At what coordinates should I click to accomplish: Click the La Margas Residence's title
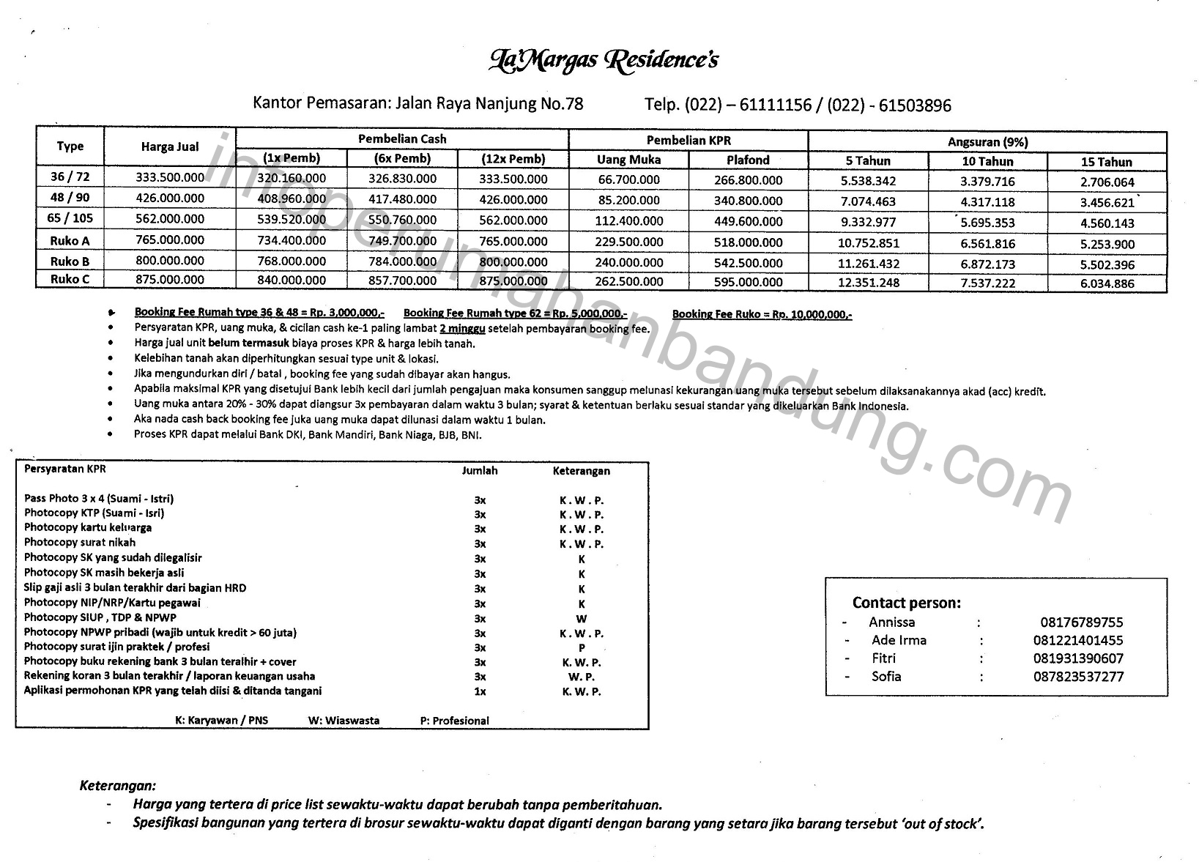[x=602, y=59]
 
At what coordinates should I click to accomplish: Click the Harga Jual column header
[x=170, y=146]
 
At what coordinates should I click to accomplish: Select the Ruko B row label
[x=70, y=261]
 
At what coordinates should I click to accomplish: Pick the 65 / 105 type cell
[x=70, y=218]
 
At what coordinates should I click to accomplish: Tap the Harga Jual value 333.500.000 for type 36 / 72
[x=170, y=177]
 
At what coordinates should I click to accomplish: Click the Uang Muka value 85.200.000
[x=628, y=200]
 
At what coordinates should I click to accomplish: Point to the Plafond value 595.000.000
[x=747, y=282]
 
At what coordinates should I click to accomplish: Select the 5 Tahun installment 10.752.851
[x=869, y=243]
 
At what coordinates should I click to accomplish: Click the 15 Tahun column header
[x=1106, y=162]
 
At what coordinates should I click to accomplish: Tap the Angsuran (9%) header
[x=987, y=142]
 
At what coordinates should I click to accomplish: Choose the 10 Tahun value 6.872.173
[x=987, y=264]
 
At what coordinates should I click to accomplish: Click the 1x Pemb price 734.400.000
[x=292, y=240]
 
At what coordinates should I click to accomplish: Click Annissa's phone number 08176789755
[x=1081, y=623]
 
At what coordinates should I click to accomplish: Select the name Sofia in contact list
[x=886, y=676]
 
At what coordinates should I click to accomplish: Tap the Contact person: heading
[x=906, y=603]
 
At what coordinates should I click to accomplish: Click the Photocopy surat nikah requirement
[x=80, y=543]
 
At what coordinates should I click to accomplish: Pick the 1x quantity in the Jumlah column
[x=480, y=691]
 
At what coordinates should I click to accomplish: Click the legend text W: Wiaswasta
[x=344, y=721]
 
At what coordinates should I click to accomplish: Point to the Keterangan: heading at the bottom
[x=117, y=786]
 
